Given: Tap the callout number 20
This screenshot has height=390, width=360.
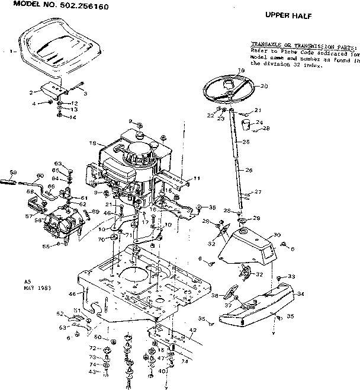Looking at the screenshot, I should coord(264,87).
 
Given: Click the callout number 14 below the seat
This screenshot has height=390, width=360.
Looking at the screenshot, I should coord(73,117).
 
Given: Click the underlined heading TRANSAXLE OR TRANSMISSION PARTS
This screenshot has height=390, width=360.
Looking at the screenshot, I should coord(304,45).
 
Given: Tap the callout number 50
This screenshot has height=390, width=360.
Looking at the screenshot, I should coord(97,337).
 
